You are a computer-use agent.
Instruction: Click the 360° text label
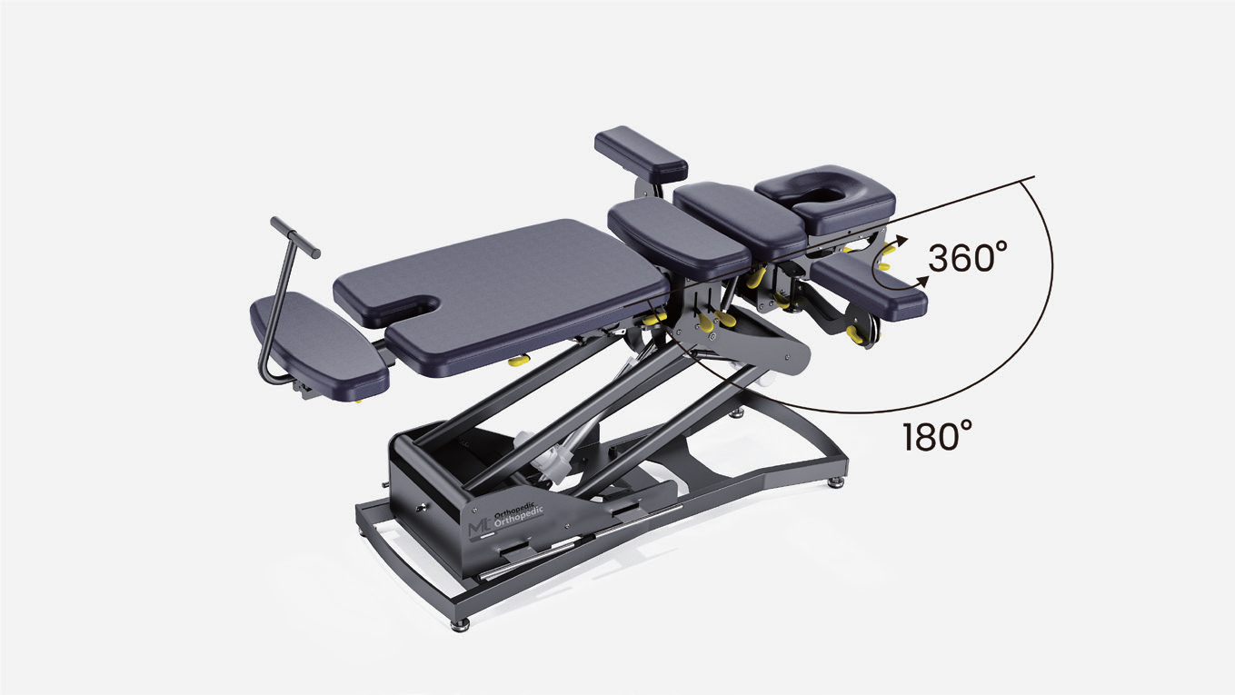point(968,257)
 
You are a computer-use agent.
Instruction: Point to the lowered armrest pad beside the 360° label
point(870,288)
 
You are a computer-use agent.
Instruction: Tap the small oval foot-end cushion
point(319,346)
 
